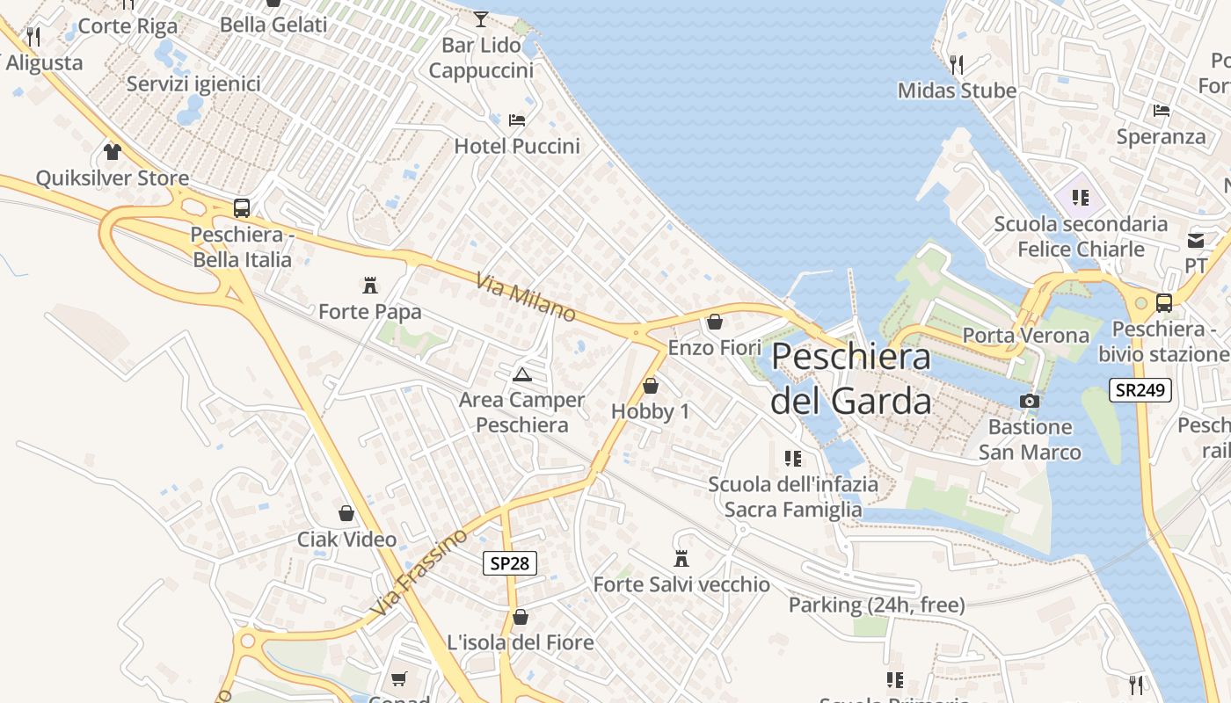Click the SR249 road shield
point(1140,390)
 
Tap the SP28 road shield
point(509,563)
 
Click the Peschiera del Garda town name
point(850,379)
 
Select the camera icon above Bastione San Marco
point(1030,402)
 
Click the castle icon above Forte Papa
point(370,286)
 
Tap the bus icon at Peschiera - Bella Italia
point(242,208)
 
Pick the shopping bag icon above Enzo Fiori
point(715,323)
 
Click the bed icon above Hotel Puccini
point(517,120)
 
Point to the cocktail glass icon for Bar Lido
point(480,18)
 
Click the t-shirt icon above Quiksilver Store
point(112,152)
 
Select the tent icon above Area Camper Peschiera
point(522,375)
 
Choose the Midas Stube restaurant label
point(957,91)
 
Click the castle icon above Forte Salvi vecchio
point(681,558)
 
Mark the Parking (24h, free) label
point(876,605)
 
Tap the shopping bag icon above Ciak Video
point(346,513)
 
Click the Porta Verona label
point(1025,336)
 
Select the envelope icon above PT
point(1196,240)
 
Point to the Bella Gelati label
point(273,25)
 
